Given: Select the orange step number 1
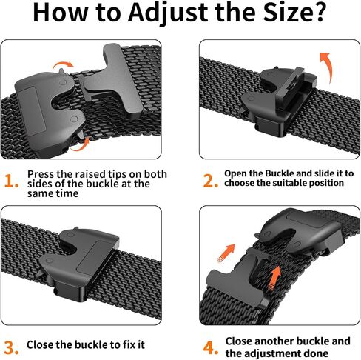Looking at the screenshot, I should click(x=10, y=181).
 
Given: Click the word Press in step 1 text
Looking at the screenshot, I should click(x=41, y=174).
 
